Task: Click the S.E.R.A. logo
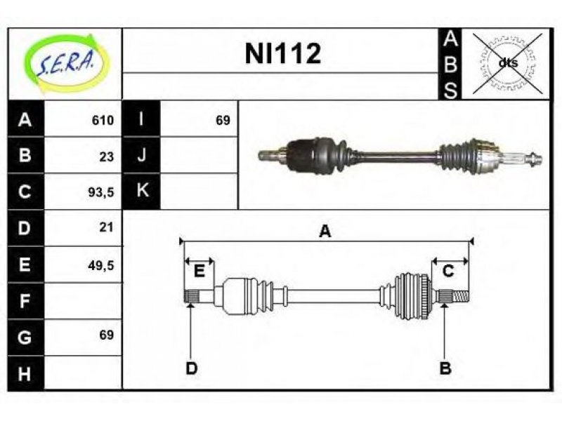66,64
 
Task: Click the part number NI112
283,53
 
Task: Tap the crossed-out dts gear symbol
507,63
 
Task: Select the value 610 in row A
103,120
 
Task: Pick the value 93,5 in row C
101,192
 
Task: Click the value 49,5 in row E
101,265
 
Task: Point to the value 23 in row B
107,156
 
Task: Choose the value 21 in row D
107,227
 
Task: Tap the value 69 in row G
107,335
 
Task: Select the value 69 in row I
223,120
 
